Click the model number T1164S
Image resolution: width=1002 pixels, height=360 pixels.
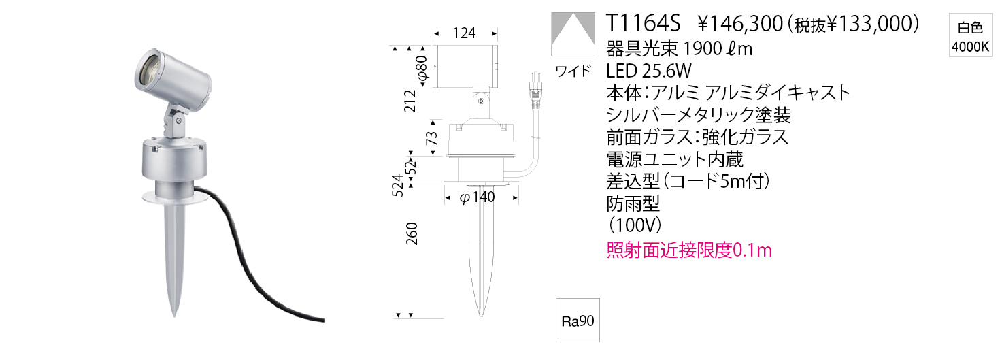(x=643, y=23)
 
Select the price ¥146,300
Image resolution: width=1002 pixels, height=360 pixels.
(x=740, y=24)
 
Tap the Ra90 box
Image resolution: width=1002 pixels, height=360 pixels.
(x=578, y=320)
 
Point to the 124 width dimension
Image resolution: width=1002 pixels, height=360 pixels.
(x=465, y=33)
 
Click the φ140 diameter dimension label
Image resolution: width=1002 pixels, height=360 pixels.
(x=478, y=197)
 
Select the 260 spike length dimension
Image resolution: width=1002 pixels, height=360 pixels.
(x=412, y=233)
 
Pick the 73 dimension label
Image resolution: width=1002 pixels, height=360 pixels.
(x=431, y=138)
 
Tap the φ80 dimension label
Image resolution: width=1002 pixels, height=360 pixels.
(x=422, y=70)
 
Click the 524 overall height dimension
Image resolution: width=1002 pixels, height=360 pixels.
(x=398, y=185)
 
